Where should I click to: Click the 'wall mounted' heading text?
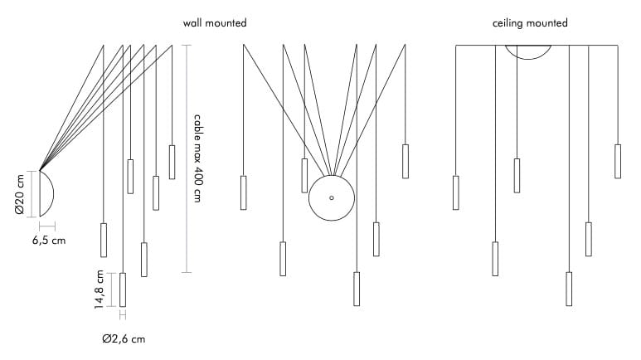[x=215, y=24]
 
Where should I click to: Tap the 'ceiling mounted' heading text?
[x=530, y=24]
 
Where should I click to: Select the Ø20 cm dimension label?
[x=20, y=195]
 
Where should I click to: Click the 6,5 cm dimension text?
[x=48, y=241]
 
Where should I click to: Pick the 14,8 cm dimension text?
[x=100, y=289]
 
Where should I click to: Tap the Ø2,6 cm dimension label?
[x=124, y=338]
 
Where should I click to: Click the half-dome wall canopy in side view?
[x=46, y=193]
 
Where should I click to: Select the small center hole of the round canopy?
[x=331, y=198]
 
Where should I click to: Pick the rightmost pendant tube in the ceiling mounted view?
[x=618, y=161]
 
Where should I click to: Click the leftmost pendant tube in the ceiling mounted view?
[x=456, y=192]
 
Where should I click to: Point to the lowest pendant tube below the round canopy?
[x=357, y=289]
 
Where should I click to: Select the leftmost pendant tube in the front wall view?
[x=243, y=192]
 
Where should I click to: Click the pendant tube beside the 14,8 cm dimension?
[x=123, y=289]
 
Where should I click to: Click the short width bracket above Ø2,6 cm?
[x=123, y=314]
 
